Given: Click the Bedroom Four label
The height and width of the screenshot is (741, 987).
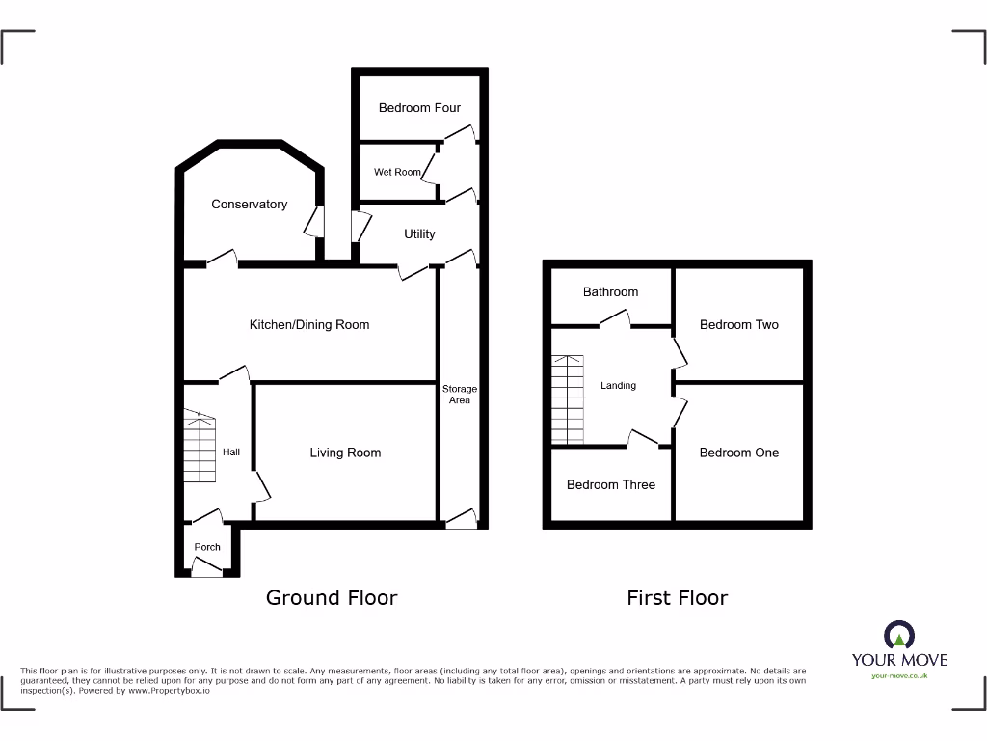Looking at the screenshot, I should [x=419, y=108].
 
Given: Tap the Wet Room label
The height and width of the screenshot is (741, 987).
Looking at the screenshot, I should [x=397, y=172].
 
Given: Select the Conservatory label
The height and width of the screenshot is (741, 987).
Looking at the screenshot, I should [x=250, y=205].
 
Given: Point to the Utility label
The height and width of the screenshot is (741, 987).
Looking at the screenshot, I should [x=419, y=233].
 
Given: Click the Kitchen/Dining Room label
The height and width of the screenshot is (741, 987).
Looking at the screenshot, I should [x=309, y=325].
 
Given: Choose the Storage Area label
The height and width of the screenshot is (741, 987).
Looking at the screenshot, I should [x=460, y=394].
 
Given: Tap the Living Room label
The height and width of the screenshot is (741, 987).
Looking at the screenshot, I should [x=345, y=453].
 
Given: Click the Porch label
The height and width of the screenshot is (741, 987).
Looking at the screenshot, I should [x=207, y=547].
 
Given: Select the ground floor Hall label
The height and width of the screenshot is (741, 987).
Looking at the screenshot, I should [x=231, y=452].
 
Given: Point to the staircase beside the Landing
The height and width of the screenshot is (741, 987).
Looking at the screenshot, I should [x=568, y=398].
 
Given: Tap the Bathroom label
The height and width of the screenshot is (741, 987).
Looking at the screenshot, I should [x=610, y=291].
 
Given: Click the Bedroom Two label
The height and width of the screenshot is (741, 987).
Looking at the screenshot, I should [x=739, y=325].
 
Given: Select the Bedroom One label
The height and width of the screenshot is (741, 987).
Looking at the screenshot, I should [x=739, y=453].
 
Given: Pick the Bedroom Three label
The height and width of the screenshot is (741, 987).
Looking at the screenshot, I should [x=611, y=484].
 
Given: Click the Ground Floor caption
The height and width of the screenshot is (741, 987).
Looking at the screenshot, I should [x=332, y=598].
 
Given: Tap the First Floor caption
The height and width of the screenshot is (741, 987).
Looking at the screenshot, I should [x=677, y=598].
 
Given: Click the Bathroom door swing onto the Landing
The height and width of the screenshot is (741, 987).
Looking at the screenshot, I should [x=618, y=316].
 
